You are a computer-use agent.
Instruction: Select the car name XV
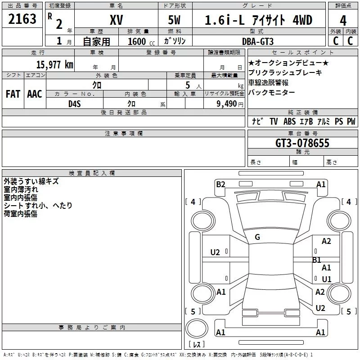tap(117, 20)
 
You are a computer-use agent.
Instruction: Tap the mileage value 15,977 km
tap(54, 64)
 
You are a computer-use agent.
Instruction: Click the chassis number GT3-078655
tap(302, 143)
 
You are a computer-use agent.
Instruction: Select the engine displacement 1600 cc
tap(139, 41)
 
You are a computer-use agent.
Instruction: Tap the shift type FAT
tap(13, 94)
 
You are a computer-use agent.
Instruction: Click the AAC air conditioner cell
tap(34, 94)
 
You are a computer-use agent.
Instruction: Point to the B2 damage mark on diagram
tap(220, 184)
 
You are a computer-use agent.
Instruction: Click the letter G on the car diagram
tap(257, 237)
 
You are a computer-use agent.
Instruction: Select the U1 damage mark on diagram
tap(326, 279)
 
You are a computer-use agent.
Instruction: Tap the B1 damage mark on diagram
tap(317, 260)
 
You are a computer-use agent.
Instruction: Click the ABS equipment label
tap(289, 121)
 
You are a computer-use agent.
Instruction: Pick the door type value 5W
tap(175, 20)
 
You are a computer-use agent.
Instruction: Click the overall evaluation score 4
tap(343, 20)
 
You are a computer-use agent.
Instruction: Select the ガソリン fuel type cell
tap(175, 41)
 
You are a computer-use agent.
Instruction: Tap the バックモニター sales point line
tap(272, 92)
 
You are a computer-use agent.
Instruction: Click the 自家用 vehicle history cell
tap(97, 41)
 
